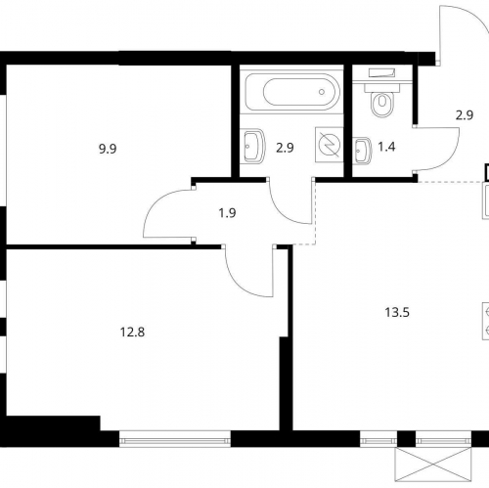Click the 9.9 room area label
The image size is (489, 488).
pos(108,149)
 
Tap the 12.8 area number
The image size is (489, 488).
pos(132,333)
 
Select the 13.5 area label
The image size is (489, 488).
pos(397,313)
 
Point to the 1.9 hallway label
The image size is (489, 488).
pos(227,213)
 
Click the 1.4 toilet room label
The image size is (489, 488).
pos(386,147)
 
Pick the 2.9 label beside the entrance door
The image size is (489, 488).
pos(465,115)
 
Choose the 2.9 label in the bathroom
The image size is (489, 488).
pos(285,148)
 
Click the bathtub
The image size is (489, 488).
pos(292,92)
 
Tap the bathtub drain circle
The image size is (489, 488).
pos(322,92)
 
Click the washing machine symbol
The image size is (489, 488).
pos(330,144)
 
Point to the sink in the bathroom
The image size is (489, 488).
pos(253,146)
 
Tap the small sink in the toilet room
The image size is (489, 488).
pos(361,151)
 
